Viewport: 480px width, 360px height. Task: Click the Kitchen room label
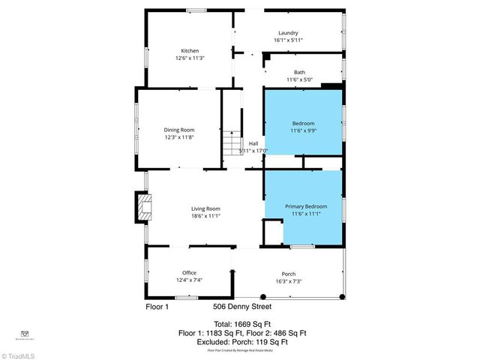pos(190,50)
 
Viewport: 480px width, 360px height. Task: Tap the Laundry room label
pos(288,33)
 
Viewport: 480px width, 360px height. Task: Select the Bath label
pos(299,72)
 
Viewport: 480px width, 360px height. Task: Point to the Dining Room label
pos(179,130)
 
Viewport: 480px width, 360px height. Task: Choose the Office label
pos(189,272)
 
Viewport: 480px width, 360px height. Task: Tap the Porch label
pos(288,272)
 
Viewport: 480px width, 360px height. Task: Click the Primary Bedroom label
pos(305,205)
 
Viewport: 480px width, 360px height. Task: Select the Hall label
pos(253,142)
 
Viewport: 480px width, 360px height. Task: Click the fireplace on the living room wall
pos(141,208)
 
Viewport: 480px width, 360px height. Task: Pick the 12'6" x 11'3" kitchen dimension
pos(190,58)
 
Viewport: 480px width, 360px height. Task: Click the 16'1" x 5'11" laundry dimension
pos(288,40)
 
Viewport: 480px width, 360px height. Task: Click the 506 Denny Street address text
pos(241,306)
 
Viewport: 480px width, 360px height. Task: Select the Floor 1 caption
pos(157,306)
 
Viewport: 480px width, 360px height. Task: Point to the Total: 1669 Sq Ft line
pos(241,323)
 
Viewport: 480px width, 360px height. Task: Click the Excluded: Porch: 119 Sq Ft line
pos(241,341)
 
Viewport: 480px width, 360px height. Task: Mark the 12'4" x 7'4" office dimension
pos(189,280)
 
